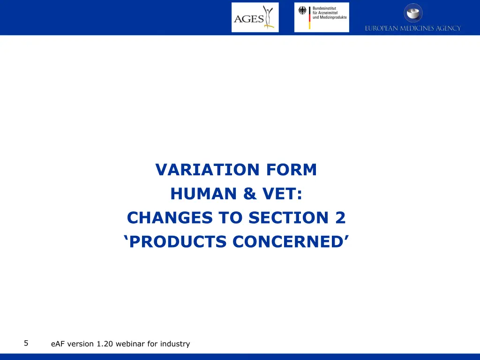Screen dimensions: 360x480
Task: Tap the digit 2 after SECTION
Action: (340, 218)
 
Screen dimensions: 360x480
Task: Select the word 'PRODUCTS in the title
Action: (176, 242)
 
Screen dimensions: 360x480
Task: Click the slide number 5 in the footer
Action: (26, 343)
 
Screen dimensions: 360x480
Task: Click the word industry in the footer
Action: (175, 344)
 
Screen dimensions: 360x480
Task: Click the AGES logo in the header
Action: (255, 17)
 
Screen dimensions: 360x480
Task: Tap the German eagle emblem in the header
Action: (302, 11)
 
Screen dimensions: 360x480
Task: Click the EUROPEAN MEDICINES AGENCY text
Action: (413, 29)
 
